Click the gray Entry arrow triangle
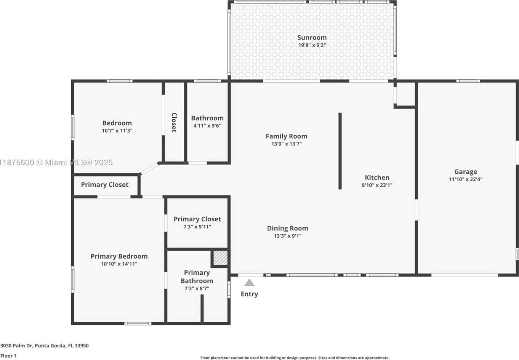tap(249, 282)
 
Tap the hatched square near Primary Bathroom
tap(220, 258)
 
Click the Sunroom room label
tap(312, 38)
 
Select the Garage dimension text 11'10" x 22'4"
tap(466, 179)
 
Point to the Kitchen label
tap(377, 178)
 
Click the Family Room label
tap(287, 136)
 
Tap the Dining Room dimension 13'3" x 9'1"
tap(287, 236)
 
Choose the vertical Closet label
tap(174, 123)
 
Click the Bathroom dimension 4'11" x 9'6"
tap(207, 126)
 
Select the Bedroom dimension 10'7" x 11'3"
tap(117, 131)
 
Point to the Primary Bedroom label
tap(119, 256)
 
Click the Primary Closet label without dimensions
tap(104, 185)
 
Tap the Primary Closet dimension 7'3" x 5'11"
tap(197, 227)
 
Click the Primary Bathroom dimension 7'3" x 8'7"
tap(197, 289)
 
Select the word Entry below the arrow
tap(249, 294)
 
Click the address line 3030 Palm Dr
tap(44, 346)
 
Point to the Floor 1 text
tap(8, 356)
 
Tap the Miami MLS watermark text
tap(56, 162)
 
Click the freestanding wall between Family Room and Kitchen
tap(340, 151)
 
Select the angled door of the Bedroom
tap(149, 168)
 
